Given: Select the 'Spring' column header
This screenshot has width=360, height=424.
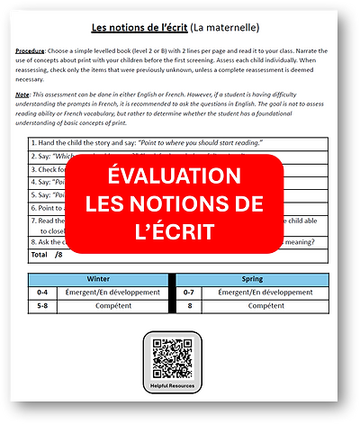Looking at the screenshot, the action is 253,279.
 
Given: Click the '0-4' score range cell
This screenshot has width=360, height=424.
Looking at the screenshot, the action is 41,293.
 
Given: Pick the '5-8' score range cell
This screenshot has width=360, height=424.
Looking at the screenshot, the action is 41,306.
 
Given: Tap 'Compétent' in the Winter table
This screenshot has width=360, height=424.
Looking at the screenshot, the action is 112,306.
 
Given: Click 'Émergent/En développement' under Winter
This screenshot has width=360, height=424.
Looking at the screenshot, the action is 112,293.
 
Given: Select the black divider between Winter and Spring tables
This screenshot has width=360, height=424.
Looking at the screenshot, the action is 171,293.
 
